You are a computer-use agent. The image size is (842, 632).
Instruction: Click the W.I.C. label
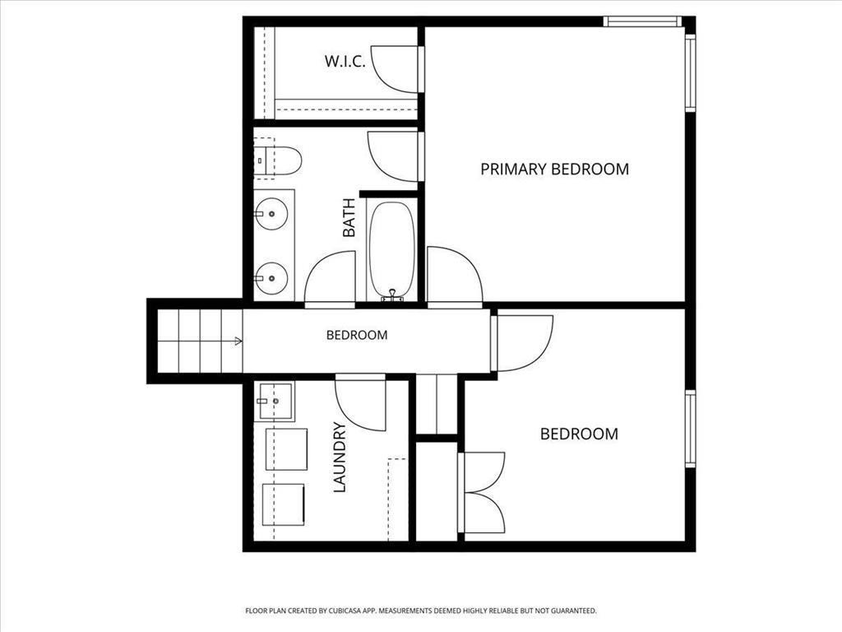click(345, 61)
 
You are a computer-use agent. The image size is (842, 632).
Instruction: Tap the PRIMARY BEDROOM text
click(554, 169)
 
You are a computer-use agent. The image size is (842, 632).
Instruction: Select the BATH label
click(349, 217)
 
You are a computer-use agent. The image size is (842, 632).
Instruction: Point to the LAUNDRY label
click(340, 458)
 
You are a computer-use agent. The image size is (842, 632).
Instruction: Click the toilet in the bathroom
click(278, 160)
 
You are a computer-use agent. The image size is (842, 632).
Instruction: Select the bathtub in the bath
click(392, 250)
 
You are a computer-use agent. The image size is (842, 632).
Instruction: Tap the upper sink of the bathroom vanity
click(271, 214)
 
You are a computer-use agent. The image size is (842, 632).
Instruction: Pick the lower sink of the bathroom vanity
click(271, 278)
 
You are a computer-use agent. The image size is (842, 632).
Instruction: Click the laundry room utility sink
click(275, 401)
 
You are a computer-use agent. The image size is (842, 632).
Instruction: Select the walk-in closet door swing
click(395, 69)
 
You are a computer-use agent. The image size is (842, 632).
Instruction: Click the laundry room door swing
click(360, 403)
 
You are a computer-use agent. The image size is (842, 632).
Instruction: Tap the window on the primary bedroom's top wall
click(642, 21)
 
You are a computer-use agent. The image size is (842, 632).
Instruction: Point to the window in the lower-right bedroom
click(691, 429)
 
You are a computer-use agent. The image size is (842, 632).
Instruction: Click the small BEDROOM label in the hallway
click(357, 336)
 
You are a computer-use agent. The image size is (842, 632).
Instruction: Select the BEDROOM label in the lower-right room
click(579, 434)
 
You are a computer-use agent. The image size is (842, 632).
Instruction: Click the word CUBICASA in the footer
click(349, 611)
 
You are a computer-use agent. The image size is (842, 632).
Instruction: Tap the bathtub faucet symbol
click(392, 295)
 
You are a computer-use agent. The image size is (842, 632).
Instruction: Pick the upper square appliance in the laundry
click(287, 449)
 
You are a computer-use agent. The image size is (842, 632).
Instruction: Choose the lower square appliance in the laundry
click(284, 504)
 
